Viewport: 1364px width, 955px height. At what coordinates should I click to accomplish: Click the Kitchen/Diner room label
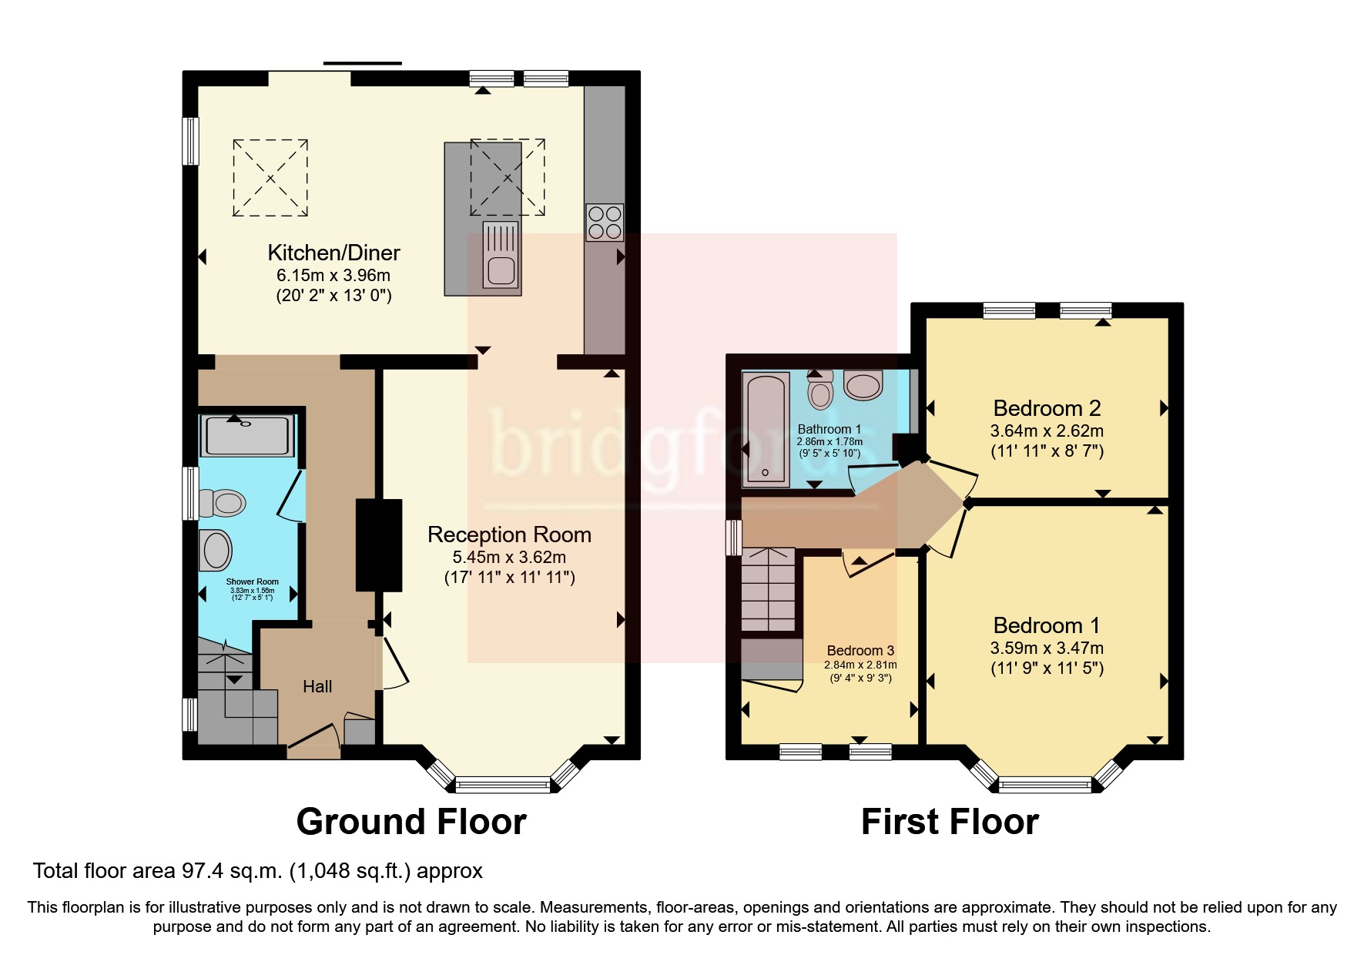pos(333,253)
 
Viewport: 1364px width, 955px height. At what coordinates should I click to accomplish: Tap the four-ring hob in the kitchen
pos(605,222)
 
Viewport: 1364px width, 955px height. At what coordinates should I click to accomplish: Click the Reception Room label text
pos(509,534)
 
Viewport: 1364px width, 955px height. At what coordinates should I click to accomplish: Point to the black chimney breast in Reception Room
pos(379,545)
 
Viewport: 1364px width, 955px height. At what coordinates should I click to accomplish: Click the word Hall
pos(317,686)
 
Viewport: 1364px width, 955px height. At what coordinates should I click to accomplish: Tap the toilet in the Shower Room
pos(223,503)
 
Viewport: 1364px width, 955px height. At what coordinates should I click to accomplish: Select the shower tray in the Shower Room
pos(246,435)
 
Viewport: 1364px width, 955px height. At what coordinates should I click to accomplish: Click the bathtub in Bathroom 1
pos(766,429)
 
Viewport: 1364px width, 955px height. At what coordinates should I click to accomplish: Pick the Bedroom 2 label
pos(1047,408)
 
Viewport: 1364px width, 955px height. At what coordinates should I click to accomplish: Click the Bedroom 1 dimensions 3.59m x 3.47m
pos(1047,648)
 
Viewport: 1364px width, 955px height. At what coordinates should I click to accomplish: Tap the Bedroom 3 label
pos(860,651)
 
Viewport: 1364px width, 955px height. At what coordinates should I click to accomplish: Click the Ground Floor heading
pos(411,822)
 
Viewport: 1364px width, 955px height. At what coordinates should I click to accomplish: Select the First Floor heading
pos(949,822)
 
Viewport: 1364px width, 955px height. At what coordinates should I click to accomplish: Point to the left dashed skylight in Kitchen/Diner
pos(270,178)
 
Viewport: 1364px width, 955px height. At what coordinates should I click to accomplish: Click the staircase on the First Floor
pos(768,589)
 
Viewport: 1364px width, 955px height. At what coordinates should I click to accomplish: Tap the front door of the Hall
pos(313,736)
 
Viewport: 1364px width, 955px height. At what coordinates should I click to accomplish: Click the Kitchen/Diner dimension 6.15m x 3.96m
pos(333,276)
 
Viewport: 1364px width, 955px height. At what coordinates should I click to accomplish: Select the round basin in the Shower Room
pos(216,550)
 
